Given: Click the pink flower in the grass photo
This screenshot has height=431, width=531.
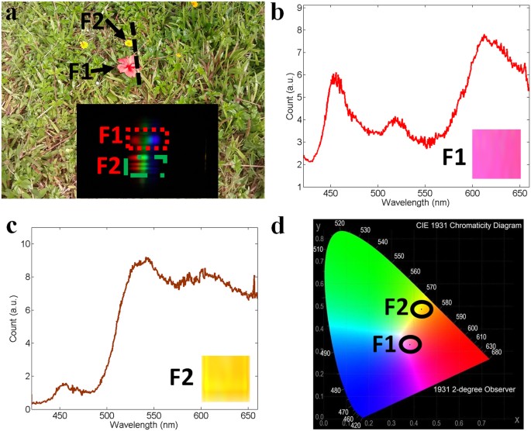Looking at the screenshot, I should (124, 66).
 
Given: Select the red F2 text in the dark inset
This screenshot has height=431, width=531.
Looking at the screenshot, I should (108, 165).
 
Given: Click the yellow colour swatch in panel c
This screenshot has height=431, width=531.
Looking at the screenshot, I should (225, 378).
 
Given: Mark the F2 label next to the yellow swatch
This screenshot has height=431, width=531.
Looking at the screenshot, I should (182, 379).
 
